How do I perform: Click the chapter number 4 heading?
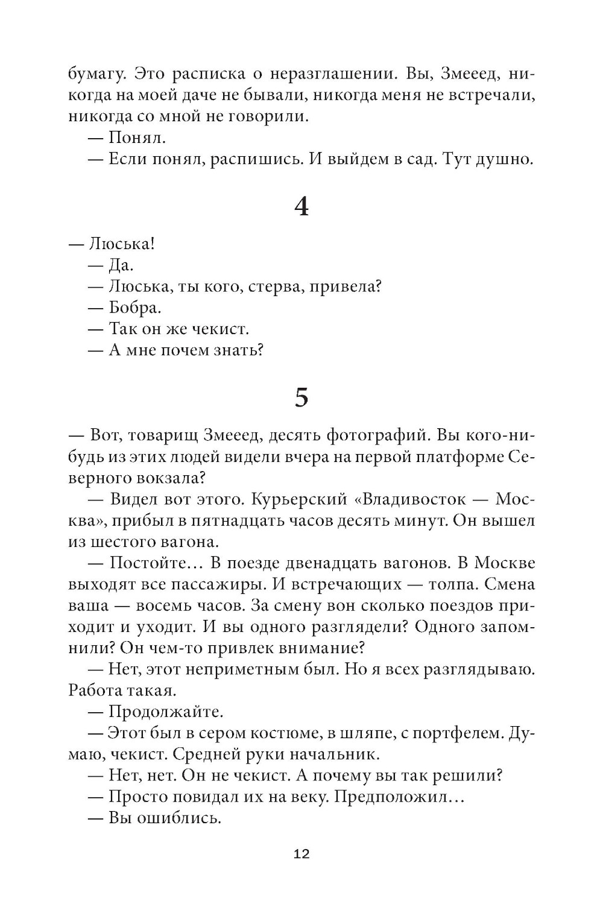click(x=301, y=207)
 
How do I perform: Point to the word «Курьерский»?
click(x=298, y=499)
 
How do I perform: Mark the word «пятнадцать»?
click(x=282, y=520)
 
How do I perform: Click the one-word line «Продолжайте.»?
click(x=165, y=712)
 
